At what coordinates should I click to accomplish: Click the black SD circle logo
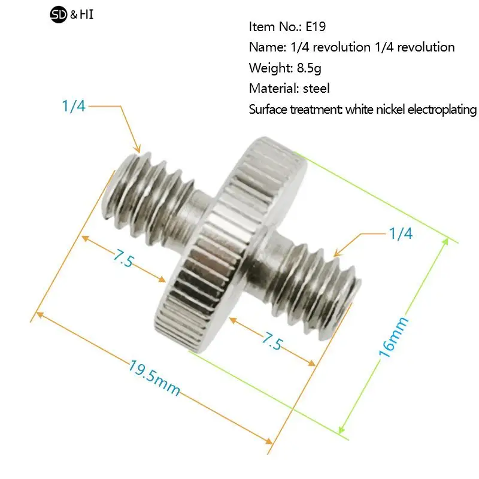tap(58, 14)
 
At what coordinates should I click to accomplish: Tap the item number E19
tap(316, 27)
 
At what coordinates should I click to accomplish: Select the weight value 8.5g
tap(309, 68)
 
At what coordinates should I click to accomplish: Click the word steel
tap(316, 89)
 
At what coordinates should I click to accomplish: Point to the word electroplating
tap(442, 110)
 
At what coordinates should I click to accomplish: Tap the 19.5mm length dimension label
tap(154, 378)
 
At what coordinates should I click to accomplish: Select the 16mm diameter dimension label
tap(393, 336)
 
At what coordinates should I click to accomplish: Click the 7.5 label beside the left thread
tap(123, 258)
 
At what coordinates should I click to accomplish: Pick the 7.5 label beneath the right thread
tap(272, 341)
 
